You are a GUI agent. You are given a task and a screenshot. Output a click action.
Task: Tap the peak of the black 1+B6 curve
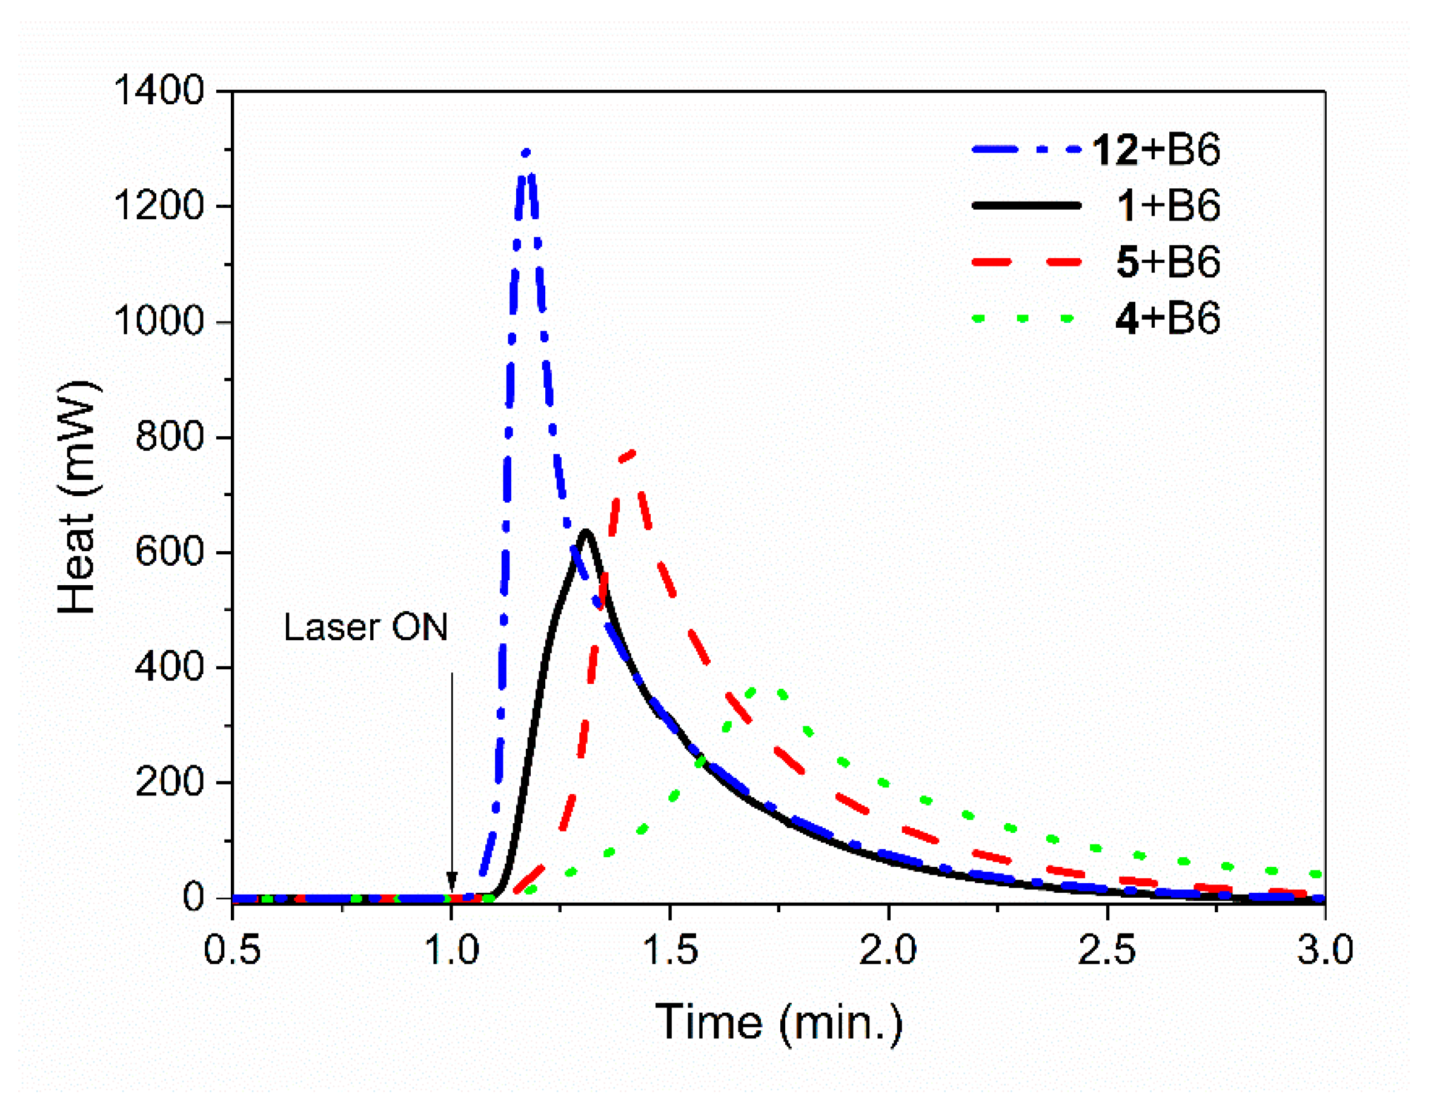click(586, 532)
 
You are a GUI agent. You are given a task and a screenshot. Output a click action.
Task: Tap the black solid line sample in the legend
click(1026, 206)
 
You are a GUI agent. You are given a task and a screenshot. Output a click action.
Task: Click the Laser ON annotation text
click(365, 628)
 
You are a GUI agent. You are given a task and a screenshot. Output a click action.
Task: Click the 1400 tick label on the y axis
click(160, 90)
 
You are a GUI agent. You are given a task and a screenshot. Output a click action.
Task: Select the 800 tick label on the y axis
click(170, 437)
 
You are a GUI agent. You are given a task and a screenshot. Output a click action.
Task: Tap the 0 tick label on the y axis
click(194, 898)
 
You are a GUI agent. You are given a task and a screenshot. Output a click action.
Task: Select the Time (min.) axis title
click(779, 1023)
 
